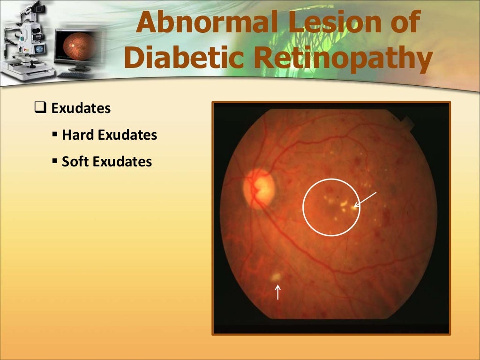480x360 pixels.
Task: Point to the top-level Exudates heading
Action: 81,109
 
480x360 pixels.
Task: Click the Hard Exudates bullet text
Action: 109,135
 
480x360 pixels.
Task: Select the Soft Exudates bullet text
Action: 107,162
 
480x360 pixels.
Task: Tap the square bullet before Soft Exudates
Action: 55,162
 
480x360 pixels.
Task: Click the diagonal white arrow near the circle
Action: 365,199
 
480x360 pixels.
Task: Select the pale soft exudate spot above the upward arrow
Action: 277,277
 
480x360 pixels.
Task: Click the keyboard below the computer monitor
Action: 77,75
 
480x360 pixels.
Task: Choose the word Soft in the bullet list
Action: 76,162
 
